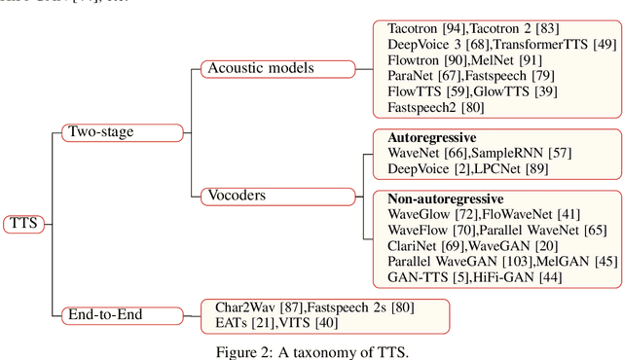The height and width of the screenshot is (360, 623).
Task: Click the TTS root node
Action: point(21,222)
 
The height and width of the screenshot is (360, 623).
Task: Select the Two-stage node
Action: point(100,131)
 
